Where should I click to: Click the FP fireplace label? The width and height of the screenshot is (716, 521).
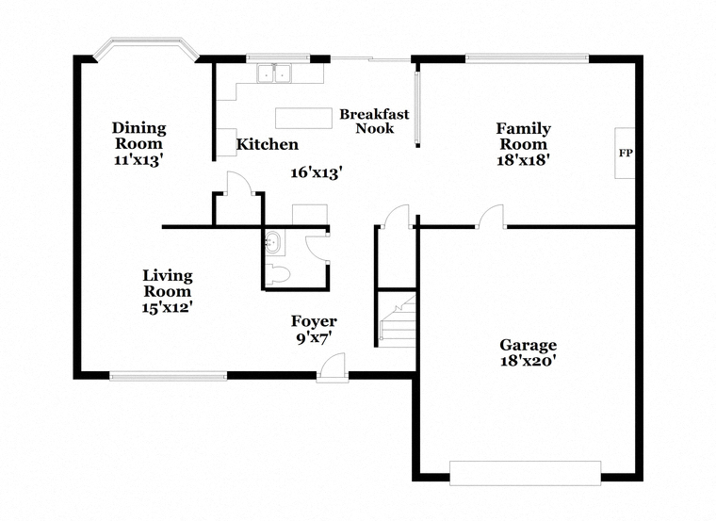tap(626, 153)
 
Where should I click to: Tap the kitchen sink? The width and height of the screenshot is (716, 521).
tap(274, 73)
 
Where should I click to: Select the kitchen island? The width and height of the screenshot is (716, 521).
tap(303, 119)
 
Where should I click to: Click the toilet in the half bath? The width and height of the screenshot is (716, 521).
tap(277, 274)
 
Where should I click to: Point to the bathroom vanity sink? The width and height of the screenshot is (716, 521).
tap(273, 242)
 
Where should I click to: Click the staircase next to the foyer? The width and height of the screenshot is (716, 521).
tap(398, 321)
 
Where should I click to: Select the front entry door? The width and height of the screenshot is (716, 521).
tap(332, 368)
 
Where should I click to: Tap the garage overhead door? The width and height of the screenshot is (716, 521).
tap(525, 473)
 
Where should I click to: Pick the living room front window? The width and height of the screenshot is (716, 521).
tap(168, 376)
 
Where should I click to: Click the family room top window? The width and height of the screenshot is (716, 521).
tap(527, 58)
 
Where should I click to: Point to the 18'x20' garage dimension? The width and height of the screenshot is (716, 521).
tap(528, 361)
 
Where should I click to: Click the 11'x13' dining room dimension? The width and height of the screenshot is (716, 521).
tap(138, 160)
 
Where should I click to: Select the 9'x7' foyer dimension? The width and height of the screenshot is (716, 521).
tap(314, 338)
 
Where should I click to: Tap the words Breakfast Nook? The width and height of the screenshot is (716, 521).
tap(374, 121)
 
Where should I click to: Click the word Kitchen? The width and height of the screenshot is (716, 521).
tap(268, 144)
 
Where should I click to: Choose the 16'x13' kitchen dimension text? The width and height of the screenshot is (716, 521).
tap(317, 172)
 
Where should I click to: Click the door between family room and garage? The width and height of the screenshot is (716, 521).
tap(492, 216)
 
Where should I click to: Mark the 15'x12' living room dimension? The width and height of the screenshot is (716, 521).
tap(167, 307)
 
